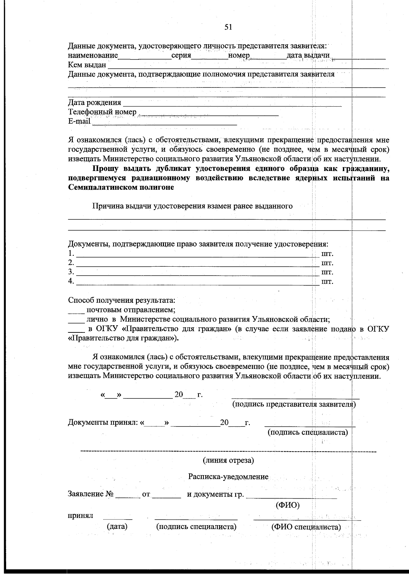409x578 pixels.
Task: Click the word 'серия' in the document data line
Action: click(x=181, y=56)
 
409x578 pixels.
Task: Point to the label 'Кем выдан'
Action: click(x=87, y=65)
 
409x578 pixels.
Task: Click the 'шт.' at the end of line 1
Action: click(x=327, y=254)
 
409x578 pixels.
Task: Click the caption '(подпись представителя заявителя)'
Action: click(x=294, y=404)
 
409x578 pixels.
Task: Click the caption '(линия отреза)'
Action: click(x=228, y=461)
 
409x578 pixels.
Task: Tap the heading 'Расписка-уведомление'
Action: click(x=228, y=477)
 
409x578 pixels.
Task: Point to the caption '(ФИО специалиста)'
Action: click(x=306, y=527)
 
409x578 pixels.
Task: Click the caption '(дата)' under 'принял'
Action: click(x=117, y=527)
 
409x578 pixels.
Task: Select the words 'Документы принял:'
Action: click(x=103, y=423)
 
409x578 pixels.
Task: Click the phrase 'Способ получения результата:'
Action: click(x=122, y=301)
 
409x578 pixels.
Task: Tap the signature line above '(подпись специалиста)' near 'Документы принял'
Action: click(x=309, y=425)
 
